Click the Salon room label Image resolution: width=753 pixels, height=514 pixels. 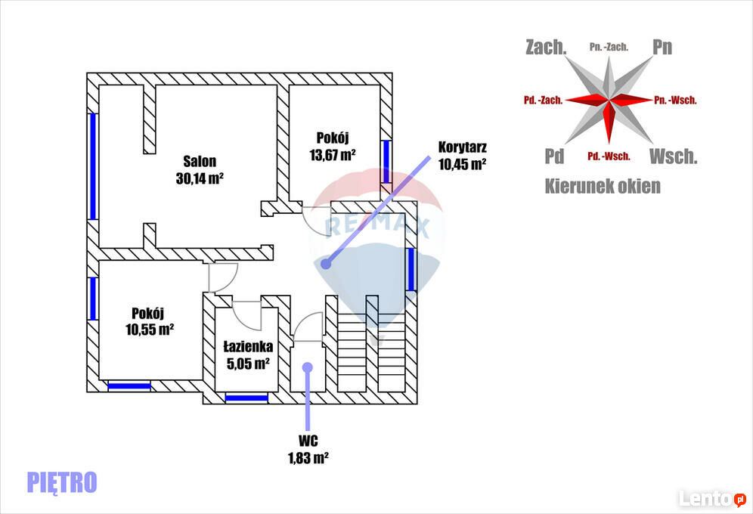pos(200,161)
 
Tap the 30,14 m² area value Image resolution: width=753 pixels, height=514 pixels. pos(200,178)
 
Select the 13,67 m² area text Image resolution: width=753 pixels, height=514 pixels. pos(333,154)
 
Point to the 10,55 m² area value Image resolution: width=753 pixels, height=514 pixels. pos(150,330)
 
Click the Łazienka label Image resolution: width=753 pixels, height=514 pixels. pos(248,346)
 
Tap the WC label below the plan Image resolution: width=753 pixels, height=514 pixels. pos(308,441)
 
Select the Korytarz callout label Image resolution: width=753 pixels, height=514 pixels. pos(462,147)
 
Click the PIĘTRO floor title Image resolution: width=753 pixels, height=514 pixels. pos(62,482)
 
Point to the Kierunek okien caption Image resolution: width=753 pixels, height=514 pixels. pos(603,186)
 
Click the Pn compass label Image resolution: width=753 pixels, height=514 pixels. pos(662,47)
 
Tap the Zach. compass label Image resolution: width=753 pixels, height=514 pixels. pos(546,47)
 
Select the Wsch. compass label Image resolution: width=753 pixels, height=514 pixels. pos(674,156)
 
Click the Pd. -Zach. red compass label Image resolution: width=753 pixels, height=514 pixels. pos(543,101)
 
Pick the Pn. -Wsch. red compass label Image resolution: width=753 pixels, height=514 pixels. pos(675,101)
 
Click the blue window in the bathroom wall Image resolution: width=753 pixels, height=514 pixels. pos(246,398)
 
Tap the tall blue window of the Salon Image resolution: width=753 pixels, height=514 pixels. pos(93,166)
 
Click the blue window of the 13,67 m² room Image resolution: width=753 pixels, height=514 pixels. pos(386,161)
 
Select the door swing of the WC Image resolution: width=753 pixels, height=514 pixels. pos(308,327)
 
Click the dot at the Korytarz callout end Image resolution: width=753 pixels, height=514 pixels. pos(326,264)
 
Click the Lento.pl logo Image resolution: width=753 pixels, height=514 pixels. pos(712,499)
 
